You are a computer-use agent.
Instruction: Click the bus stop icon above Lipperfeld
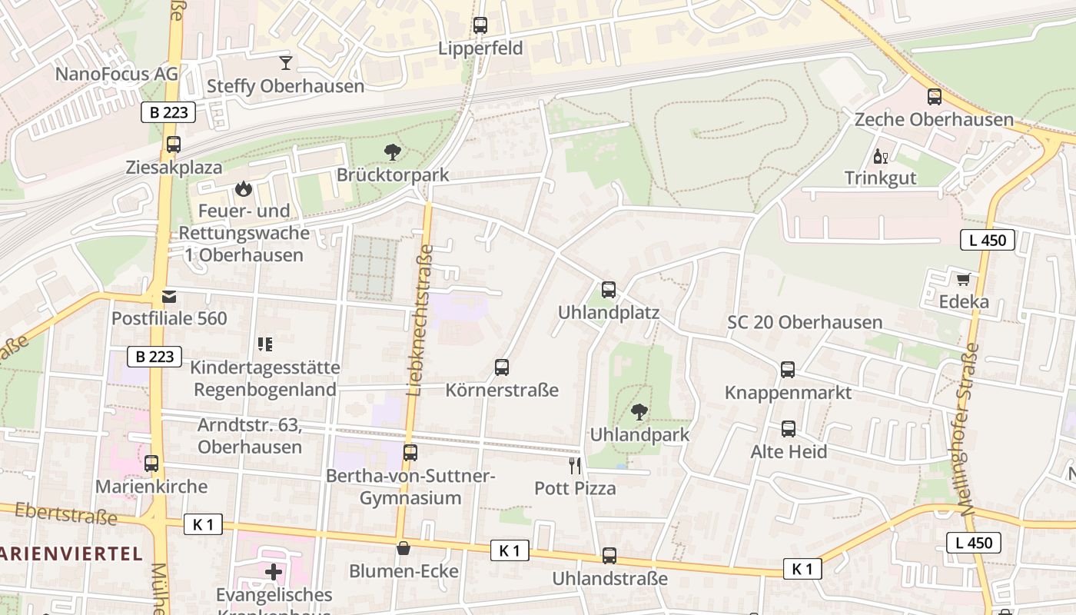(480, 25)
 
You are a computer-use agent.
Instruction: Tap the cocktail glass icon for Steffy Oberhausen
(286, 63)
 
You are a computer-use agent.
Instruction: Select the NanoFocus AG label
(117, 74)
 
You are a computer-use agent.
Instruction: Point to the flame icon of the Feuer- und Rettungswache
(244, 188)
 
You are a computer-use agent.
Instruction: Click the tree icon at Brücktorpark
(393, 152)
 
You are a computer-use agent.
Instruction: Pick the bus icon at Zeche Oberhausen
(935, 97)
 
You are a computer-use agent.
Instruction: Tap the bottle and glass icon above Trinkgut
(880, 156)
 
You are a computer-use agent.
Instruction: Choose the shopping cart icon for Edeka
(963, 279)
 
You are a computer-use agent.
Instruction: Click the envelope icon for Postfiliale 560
(169, 296)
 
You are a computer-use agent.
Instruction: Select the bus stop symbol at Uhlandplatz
(609, 290)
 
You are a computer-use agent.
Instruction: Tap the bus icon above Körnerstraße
(502, 367)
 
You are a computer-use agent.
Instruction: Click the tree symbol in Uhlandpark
(639, 412)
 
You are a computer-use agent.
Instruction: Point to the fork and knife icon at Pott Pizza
(575, 465)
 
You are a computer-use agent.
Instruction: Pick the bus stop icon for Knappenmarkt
(788, 370)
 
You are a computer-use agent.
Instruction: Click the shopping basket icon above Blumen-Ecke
(403, 548)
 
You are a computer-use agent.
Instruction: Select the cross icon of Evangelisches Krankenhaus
(274, 572)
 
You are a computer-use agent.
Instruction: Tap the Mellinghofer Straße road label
(969, 429)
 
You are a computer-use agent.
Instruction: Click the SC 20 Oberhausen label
(805, 322)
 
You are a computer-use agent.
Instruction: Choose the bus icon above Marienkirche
(151, 464)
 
